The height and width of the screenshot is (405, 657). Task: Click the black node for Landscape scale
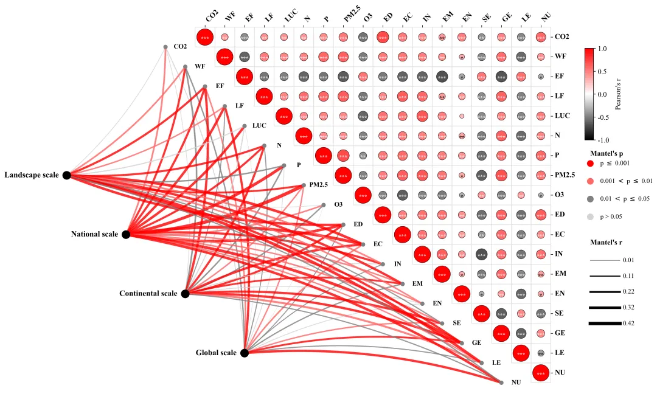tap(67, 175)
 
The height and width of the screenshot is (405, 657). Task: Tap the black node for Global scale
tap(245, 353)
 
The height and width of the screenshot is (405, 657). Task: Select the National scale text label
tap(95, 234)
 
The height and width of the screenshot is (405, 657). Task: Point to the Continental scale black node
tap(186, 294)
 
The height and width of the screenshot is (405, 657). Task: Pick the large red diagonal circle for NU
tap(541, 373)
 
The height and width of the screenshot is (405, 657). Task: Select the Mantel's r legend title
tap(609, 242)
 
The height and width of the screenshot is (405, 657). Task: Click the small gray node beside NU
tap(501, 382)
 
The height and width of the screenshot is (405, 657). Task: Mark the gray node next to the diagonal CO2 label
tap(165, 47)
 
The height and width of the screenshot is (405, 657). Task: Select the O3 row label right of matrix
tap(561, 195)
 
